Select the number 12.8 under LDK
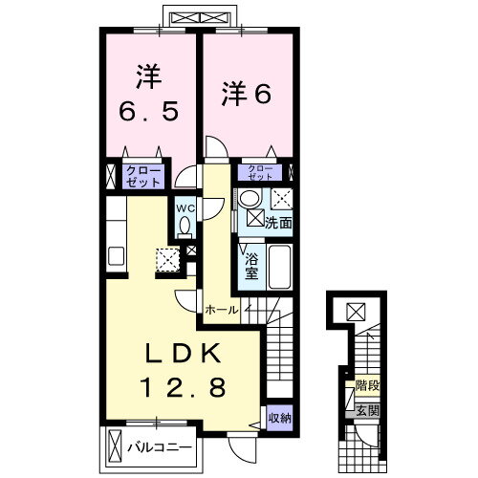tap(185, 387)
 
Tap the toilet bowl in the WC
tap(185, 226)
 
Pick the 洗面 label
tap(277, 221)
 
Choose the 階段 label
tap(366, 387)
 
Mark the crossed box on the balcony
tap(115, 446)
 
